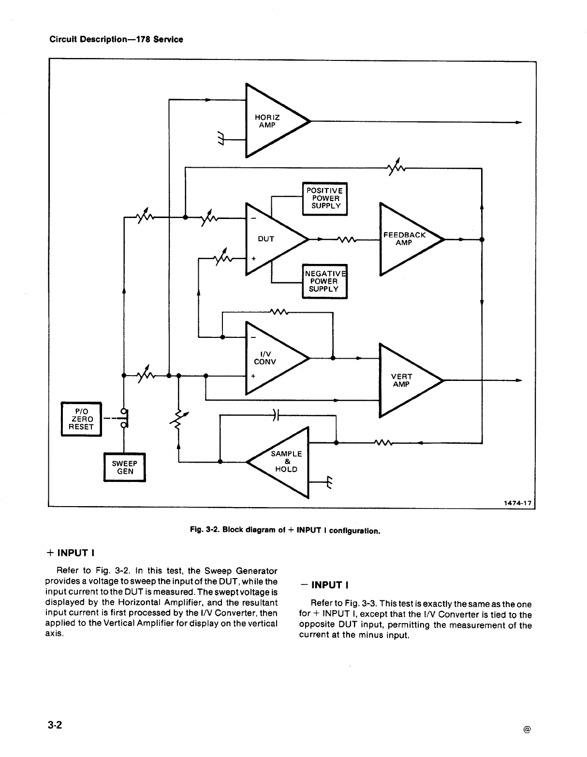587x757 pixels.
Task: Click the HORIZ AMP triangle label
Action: coord(267,121)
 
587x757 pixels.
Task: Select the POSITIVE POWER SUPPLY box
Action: coord(324,199)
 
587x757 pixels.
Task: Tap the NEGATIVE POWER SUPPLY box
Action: coord(324,281)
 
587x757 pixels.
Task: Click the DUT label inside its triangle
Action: coord(266,239)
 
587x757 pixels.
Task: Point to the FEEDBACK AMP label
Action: coord(404,239)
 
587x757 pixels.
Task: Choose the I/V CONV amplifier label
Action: coord(265,358)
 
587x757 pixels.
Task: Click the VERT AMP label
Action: coord(401,380)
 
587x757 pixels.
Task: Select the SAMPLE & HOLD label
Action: coord(286,461)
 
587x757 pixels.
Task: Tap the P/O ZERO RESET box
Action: coord(82,419)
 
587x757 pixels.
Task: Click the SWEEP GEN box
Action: coord(125,467)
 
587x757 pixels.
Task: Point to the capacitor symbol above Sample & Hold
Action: coord(276,415)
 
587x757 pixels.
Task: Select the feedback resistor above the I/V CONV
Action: coord(279,312)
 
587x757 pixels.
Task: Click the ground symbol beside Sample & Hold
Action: coord(330,482)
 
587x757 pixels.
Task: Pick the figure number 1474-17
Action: coord(518,503)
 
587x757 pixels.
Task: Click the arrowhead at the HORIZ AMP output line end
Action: coord(519,122)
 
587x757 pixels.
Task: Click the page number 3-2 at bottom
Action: coord(55,725)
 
